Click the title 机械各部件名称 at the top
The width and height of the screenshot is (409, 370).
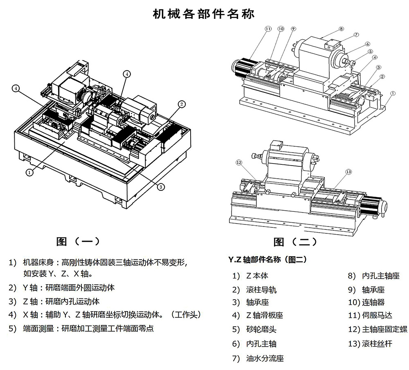(203, 13)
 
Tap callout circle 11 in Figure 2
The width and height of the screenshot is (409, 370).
(268, 29)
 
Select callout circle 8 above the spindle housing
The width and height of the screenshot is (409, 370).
(341, 29)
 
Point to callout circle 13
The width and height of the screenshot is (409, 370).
(348, 172)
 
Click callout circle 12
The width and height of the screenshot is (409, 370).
(239, 162)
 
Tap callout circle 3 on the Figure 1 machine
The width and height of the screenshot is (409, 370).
(161, 186)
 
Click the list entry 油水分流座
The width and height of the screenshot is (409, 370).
(265, 359)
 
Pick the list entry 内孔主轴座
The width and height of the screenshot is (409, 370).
(380, 276)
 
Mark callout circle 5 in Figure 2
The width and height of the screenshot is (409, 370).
(370, 52)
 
